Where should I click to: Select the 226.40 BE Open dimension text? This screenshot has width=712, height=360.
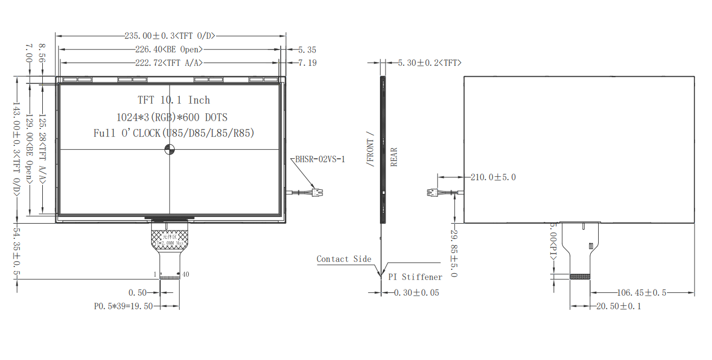(x=169, y=50)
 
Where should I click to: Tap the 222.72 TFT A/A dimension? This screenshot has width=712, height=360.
(x=169, y=63)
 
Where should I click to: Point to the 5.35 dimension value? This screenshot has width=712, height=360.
(x=307, y=50)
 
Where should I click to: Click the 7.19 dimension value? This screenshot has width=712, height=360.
(x=307, y=63)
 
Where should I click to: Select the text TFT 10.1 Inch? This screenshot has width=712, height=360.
(x=174, y=100)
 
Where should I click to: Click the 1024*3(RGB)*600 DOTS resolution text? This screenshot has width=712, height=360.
(x=172, y=117)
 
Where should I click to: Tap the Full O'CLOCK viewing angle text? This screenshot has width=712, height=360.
(x=174, y=134)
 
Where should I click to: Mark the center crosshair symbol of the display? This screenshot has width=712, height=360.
(x=170, y=149)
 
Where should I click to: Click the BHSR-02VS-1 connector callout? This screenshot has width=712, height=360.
(x=320, y=159)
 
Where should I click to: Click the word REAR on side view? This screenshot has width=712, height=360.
(x=394, y=157)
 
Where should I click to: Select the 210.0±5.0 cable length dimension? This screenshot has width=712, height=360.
(x=493, y=177)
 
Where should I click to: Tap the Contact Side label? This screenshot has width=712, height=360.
(x=344, y=259)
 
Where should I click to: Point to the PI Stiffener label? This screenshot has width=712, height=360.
(x=415, y=277)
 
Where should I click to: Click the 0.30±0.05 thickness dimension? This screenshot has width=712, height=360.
(x=416, y=292)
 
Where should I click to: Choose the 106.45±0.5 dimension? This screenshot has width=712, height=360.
(x=642, y=292)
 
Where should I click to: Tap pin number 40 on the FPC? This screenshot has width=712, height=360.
(x=185, y=274)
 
